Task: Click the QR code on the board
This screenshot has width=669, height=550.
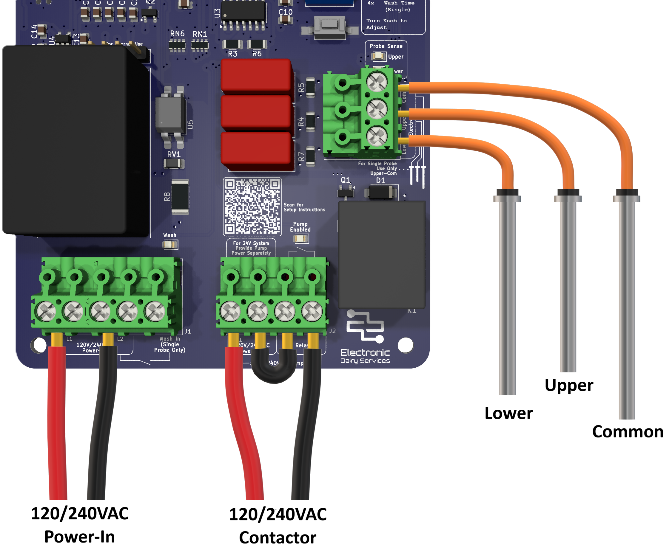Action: pos(252,206)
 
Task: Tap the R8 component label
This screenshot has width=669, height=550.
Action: pos(167,197)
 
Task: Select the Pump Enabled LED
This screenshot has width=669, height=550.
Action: pos(300,239)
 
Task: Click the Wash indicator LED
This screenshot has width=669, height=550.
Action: pos(170,245)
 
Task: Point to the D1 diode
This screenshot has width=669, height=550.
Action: pos(381,192)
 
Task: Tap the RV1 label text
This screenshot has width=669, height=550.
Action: pos(174,154)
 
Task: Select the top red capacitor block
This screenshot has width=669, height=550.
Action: pos(256,75)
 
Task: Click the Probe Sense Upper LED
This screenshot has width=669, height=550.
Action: pos(378,57)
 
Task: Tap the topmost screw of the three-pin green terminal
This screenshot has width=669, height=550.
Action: pos(377,81)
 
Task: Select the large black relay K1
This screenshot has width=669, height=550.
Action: pos(382,254)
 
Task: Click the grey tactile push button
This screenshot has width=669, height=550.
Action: pos(330,26)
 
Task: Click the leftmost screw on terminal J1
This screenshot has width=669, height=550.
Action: pos(46,311)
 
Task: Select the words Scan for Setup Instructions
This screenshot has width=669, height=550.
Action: pos(304,207)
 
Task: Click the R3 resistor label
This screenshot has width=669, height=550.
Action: pos(232,54)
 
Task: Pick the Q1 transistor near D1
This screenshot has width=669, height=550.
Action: pos(346,191)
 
